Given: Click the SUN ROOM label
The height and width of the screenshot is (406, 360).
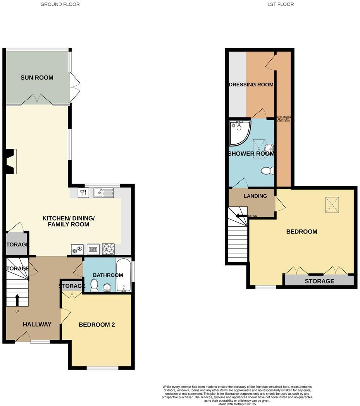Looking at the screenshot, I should [37, 77].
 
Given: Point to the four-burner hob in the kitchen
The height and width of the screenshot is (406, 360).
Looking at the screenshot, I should [109, 248].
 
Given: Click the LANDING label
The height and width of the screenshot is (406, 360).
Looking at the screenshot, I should [255, 196].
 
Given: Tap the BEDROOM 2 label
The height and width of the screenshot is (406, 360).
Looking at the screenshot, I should [96, 325].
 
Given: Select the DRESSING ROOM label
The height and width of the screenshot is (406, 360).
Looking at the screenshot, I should [251, 84].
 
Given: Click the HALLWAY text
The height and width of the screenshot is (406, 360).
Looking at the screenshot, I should [37, 325].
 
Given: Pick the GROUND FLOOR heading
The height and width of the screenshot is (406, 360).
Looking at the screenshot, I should [60, 4].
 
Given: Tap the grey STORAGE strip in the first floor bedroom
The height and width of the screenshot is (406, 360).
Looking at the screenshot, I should [319, 281].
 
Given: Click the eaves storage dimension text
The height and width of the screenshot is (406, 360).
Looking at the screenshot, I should [284, 119].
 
